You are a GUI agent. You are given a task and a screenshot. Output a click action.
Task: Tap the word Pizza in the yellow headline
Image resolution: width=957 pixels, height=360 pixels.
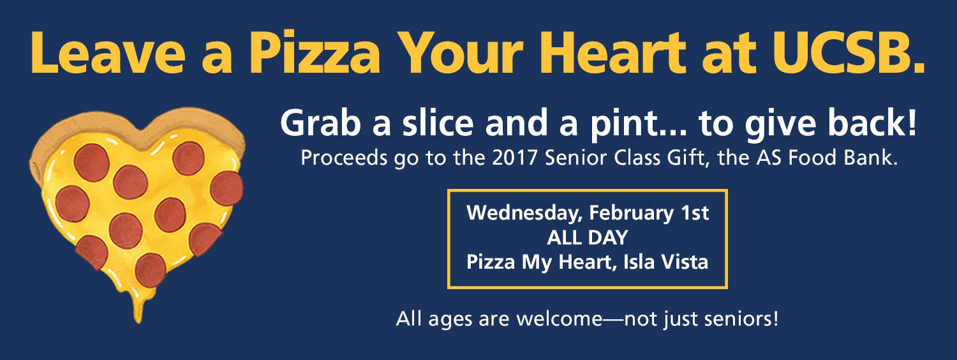point(315,53)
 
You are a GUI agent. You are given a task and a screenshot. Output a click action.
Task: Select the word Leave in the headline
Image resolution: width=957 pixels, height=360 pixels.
point(108,53)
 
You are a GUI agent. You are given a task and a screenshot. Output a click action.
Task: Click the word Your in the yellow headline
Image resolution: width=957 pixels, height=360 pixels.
point(463,53)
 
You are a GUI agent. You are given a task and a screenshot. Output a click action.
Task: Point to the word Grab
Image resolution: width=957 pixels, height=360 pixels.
point(320,124)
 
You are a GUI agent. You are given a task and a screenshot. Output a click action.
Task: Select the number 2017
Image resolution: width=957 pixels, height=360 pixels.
point(514,158)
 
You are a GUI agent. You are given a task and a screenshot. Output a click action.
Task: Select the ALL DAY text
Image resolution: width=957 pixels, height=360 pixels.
point(588,237)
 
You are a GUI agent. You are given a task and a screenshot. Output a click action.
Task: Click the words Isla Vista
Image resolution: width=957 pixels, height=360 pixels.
point(665,262)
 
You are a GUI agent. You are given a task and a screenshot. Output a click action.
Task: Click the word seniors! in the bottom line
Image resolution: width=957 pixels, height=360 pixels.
point(741,319)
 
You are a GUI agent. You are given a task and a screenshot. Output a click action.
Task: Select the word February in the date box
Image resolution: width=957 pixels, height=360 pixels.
point(632,213)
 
